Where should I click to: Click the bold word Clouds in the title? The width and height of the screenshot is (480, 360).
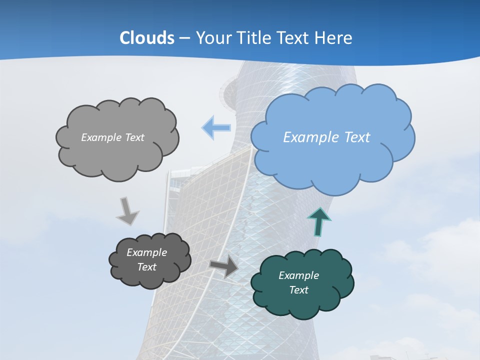146,38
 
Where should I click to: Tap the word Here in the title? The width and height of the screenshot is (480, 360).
334,38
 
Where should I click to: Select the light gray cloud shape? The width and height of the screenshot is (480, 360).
117,155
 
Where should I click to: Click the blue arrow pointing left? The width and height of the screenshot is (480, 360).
216,128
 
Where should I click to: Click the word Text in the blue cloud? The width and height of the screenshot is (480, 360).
356,137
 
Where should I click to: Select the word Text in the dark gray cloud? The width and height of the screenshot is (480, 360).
147,267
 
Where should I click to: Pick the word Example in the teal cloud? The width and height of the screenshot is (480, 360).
298,275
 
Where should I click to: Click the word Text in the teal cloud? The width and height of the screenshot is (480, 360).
298,290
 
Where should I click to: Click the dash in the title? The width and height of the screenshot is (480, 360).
184,38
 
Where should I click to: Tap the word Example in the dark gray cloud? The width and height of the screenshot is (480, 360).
147,252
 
